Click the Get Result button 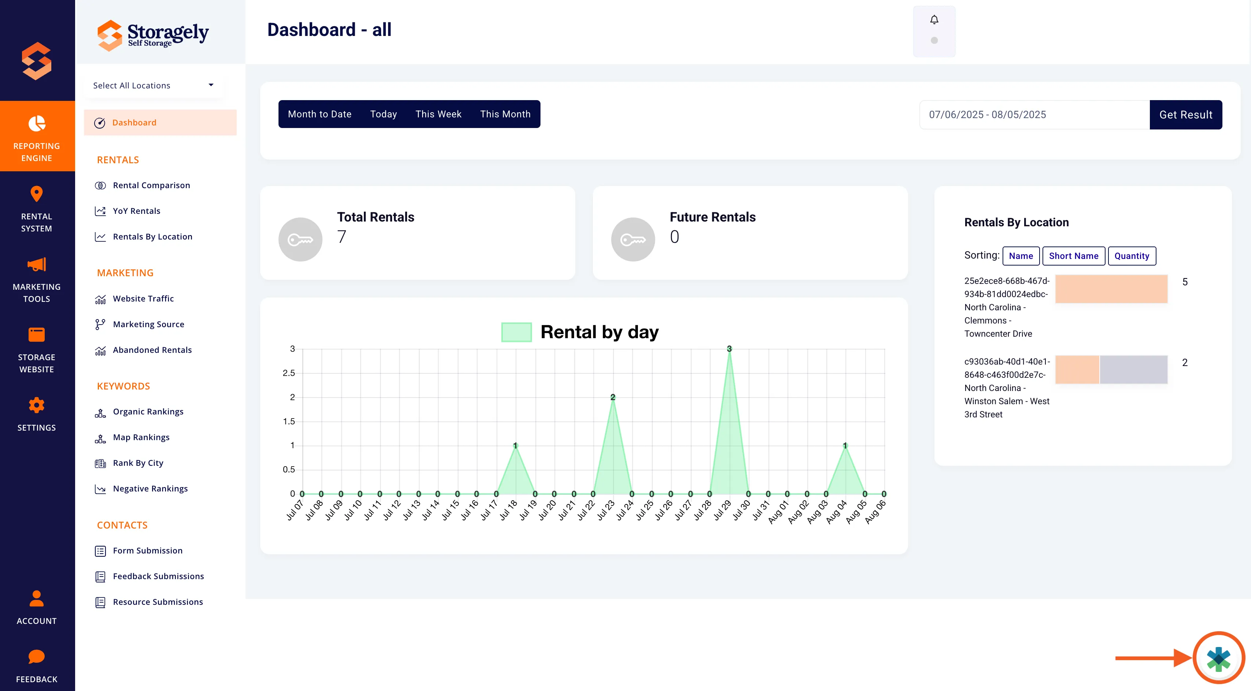1185,115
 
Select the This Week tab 438,114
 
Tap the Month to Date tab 320,114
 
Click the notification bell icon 934,20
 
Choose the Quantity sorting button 1132,256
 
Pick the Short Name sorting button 1073,256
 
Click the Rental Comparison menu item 151,185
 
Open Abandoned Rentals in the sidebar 152,350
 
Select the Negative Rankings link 150,489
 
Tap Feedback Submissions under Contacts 158,576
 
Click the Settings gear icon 36,405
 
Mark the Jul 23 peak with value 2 613,398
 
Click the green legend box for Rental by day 516,332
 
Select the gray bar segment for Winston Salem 1133,369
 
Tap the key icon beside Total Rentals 300,240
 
